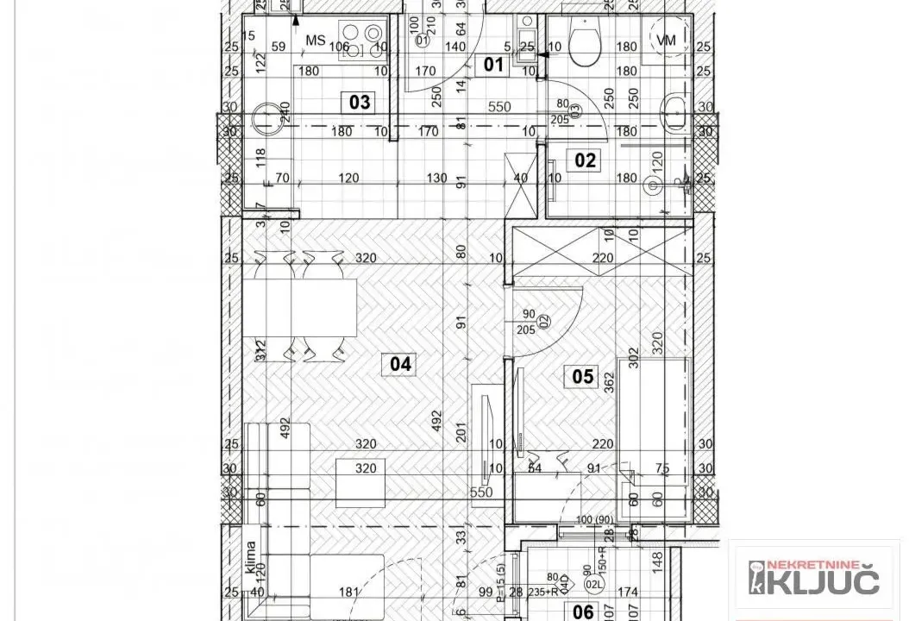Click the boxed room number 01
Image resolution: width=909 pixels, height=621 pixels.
492,63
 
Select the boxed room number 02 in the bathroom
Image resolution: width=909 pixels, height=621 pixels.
586,160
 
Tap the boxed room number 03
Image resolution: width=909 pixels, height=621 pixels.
360,103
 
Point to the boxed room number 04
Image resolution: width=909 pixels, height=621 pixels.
401,364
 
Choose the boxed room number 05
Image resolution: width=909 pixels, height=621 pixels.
584,376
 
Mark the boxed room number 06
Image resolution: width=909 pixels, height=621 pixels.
584,612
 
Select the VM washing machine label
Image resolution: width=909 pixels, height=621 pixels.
667,40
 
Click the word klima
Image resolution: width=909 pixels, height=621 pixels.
251,558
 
